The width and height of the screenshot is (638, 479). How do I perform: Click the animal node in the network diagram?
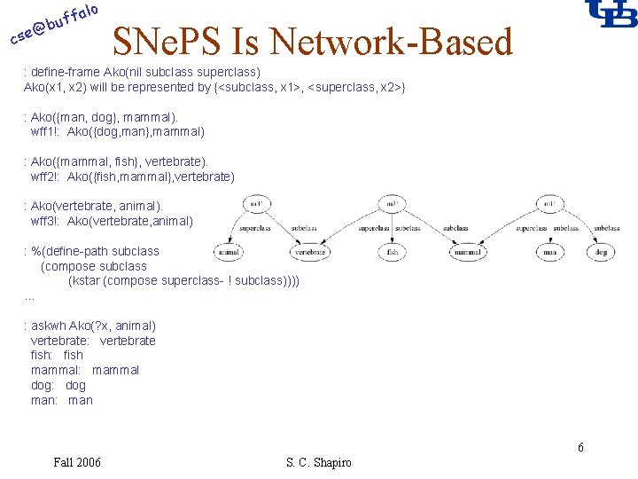[229, 252]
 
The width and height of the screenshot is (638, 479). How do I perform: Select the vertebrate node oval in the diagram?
[310, 252]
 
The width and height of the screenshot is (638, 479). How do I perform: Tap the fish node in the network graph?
[392, 252]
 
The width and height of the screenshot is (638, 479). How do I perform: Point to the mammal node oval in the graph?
[467, 252]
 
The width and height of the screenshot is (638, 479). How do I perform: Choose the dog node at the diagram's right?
[602, 252]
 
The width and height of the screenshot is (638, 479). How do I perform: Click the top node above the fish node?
[392, 205]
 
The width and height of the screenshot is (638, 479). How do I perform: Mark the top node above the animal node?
[256, 205]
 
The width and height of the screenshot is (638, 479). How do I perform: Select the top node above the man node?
[549, 205]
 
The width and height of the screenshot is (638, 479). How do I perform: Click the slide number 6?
[580, 447]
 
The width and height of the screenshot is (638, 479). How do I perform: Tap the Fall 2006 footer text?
[77, 462]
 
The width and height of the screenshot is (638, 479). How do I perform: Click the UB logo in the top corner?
[611, 13]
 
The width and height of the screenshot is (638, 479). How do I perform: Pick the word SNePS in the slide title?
[168, 42]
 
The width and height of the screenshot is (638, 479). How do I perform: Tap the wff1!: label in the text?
[45, 131]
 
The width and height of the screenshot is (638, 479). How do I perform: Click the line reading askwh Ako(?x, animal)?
[93, 326]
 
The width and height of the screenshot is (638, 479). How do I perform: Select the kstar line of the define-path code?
[183, 280]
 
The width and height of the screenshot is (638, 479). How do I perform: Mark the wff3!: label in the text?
[45, 221]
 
